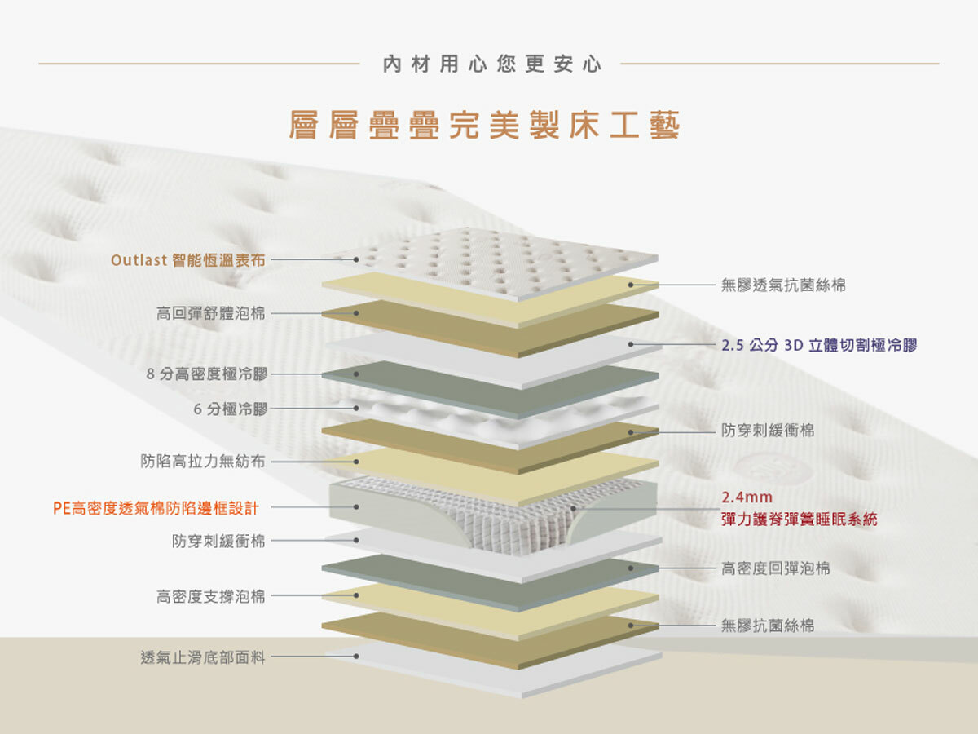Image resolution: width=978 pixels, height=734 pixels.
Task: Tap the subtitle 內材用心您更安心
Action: [x=491, y=64]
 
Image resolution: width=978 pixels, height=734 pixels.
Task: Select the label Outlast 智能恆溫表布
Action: [x=187, y=260]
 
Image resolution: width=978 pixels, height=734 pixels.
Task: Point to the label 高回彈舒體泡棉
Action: [x=210, y=313]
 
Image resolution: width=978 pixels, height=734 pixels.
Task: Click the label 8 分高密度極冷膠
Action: [x=206, y=374]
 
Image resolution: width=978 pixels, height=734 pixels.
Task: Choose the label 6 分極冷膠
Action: [x=230, y=409]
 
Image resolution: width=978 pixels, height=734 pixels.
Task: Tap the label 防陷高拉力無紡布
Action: [x=202, y=462]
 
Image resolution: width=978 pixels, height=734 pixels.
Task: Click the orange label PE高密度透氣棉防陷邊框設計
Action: [x=156, y=508]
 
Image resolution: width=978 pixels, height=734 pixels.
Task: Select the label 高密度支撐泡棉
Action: [x=210, y=596]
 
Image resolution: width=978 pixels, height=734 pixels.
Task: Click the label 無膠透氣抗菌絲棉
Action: [x=783, y=285]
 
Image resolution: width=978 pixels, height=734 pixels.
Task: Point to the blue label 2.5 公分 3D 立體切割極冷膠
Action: [x=819, y=345]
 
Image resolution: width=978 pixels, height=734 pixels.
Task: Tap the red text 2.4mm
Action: [x=747, y=497]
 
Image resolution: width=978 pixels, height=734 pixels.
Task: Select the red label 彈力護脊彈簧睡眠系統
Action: [x=799, y=519]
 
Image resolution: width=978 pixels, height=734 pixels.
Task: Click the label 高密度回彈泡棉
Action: [x=775, y=568]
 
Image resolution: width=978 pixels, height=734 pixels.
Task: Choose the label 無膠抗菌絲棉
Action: [x=767, y=626]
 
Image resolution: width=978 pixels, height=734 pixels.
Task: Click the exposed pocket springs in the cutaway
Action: [x=522, y=518]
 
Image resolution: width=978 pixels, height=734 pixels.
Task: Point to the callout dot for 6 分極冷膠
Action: [x=356, y=409]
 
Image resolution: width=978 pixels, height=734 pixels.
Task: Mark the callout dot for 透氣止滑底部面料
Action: [x=356, y=656]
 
